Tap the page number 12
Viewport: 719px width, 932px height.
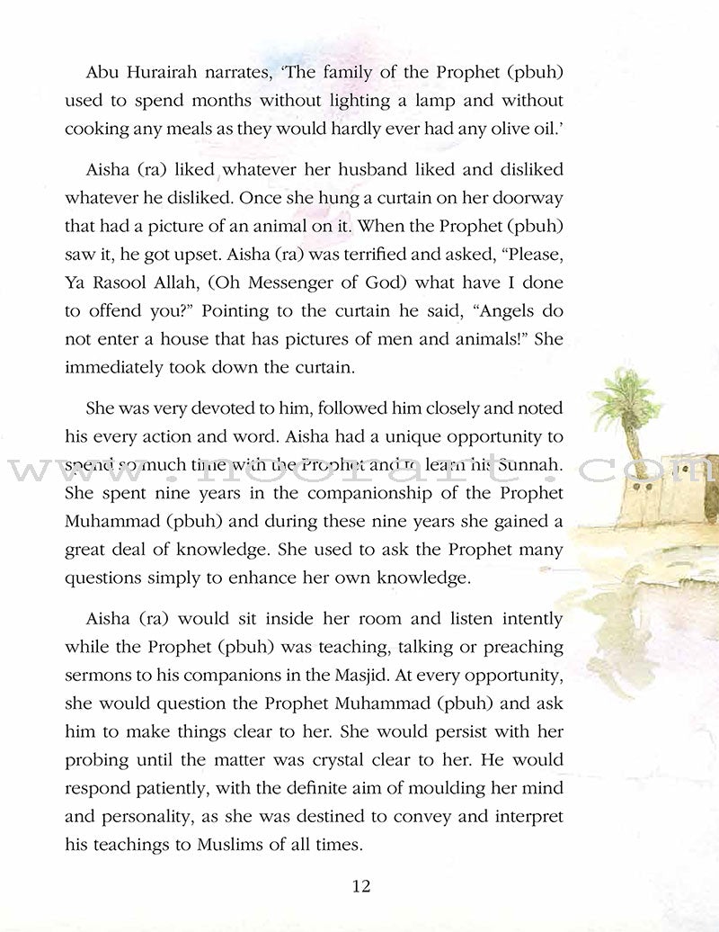(x=359, y=886)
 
